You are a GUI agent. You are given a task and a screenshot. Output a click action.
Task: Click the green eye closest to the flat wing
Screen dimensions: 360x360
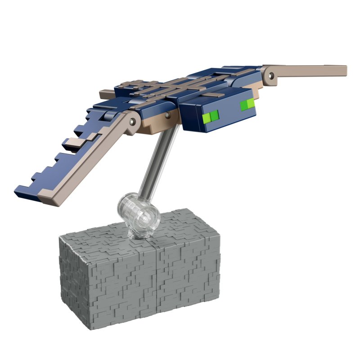pos(247,105)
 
